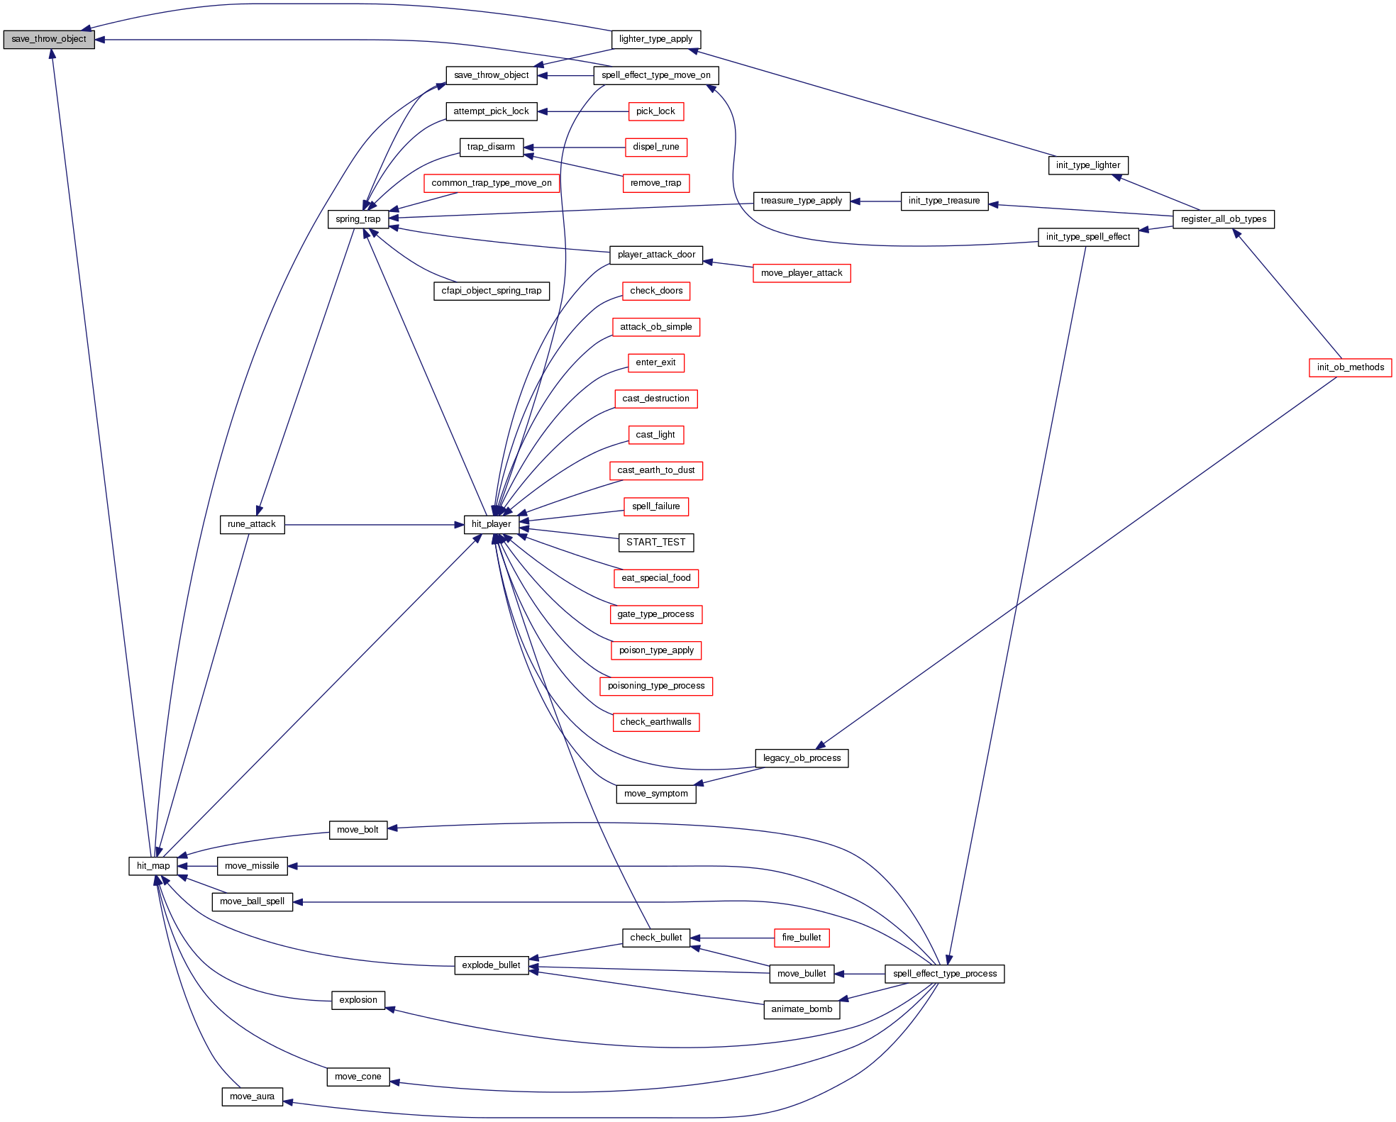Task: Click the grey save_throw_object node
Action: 48,40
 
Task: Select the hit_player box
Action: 491,525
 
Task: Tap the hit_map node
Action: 153,866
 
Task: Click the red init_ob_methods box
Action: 1350,367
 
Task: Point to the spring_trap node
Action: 358,219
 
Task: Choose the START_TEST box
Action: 655,543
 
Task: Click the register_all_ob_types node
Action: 1223,219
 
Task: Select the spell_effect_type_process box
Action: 944,974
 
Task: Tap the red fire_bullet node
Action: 801,938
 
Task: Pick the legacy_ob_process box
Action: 802,758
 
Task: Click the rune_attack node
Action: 252,525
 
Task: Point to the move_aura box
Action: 252,1096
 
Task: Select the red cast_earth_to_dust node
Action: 655,470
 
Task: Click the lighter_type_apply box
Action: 655,40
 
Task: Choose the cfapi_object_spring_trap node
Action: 491,291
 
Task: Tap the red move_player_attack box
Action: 801,273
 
